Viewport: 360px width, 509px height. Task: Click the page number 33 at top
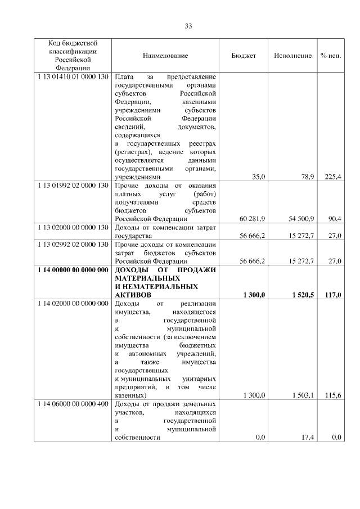click(188, 26)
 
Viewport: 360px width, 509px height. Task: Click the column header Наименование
click(165, 56)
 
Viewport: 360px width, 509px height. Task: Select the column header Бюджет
click(244, 56)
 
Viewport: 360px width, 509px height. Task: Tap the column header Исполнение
click(293, 56)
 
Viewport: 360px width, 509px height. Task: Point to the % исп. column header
click(331, 56)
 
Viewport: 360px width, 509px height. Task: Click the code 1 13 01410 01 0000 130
click(73, 75)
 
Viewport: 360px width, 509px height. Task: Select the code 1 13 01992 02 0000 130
click(73, 185)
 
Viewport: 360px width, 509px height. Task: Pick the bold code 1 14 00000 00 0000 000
click(73, 270)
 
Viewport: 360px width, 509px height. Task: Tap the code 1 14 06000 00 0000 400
click(73, 404)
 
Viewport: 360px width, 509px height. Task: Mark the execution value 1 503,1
click(301, 396)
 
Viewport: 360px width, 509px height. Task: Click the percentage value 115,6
click(334, 396)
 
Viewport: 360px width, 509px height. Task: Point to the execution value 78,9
click(307, 177)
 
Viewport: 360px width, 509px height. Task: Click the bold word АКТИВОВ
click(132, 295)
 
